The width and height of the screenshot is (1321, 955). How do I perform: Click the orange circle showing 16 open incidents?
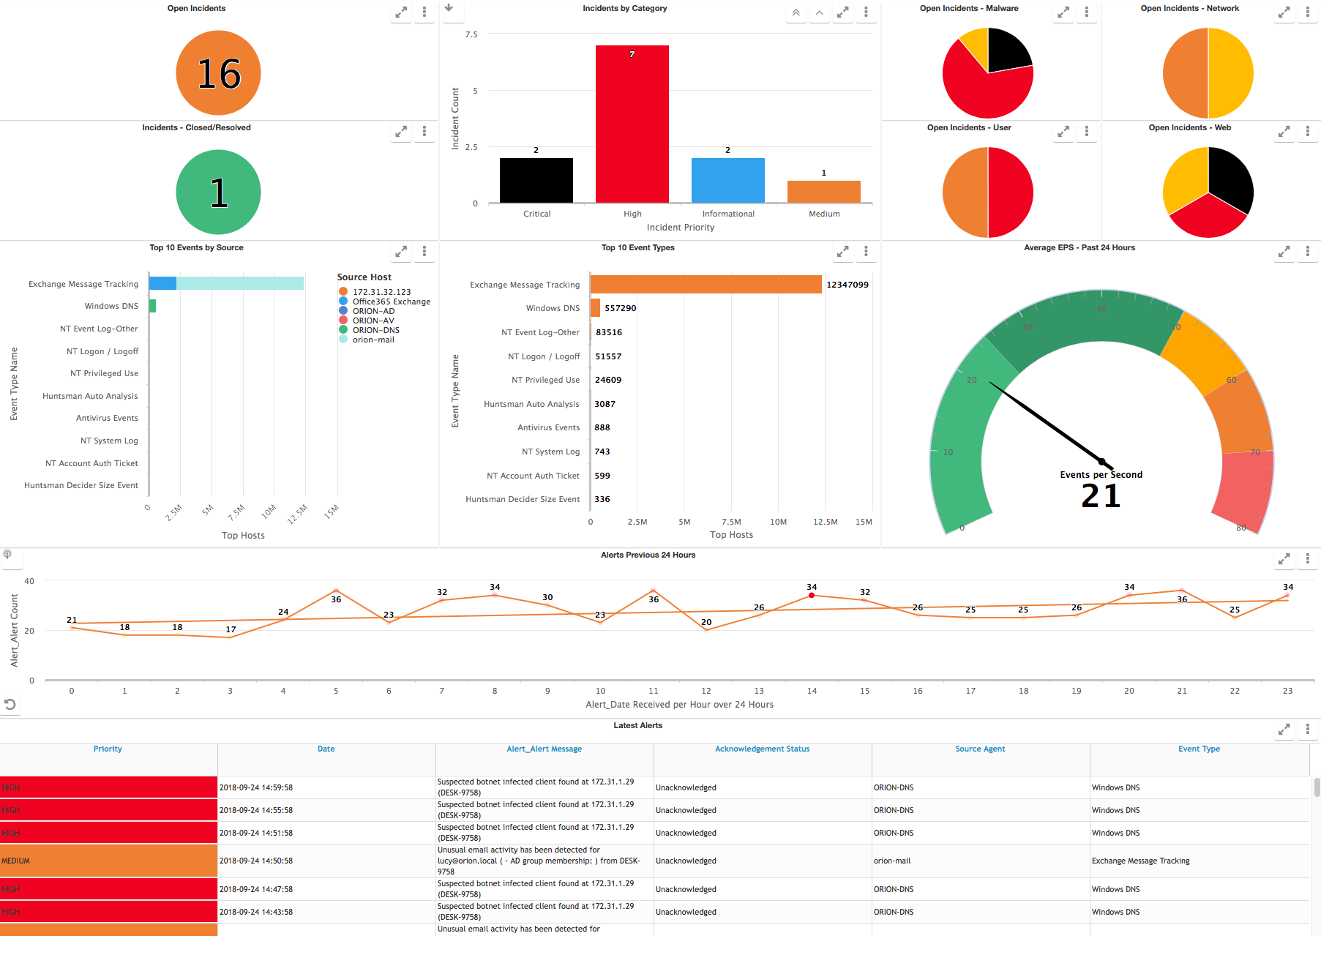point(218,73)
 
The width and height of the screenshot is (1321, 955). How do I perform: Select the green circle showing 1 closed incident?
point(218,192)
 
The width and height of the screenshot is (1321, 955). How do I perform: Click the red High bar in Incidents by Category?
point(632,124)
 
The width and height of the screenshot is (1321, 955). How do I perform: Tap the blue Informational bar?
point(727,180)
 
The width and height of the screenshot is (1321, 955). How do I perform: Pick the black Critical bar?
point(536,180)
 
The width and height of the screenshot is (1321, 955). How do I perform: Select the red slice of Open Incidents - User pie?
point(1010,192)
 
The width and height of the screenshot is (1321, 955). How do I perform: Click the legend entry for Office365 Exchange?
point(391,302)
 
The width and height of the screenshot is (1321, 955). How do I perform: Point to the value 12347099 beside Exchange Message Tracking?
point(847,285)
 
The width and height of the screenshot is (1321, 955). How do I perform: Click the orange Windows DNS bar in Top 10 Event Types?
point(595,308)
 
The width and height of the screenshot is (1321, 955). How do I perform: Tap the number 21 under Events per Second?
point(1101,496)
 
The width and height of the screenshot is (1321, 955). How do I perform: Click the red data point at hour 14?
point(812,596)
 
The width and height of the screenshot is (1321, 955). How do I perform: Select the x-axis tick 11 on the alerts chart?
point(653,691)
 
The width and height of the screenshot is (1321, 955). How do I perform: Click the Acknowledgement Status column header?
point(762,749)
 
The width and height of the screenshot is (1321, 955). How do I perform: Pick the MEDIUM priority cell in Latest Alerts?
point(108,861)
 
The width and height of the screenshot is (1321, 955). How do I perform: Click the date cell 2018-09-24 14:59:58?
point(256,787)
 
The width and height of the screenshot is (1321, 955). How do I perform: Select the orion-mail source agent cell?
point(892,861)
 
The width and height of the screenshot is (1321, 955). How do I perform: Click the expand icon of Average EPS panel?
point(1284,252)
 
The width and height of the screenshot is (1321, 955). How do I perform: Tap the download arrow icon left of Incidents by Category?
point(449,9)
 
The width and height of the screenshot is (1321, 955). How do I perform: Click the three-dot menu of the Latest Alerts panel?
point(1307,730)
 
